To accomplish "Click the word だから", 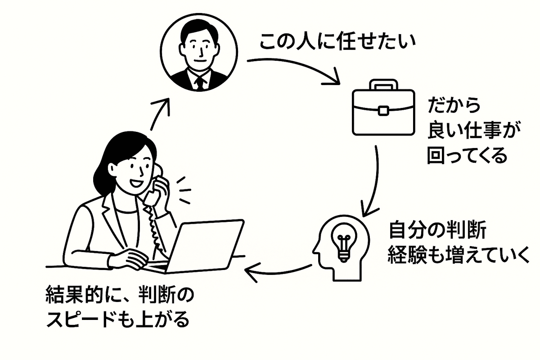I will (454, 107).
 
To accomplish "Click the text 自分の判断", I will (437, 232).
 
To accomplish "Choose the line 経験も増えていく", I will (459, 256).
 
